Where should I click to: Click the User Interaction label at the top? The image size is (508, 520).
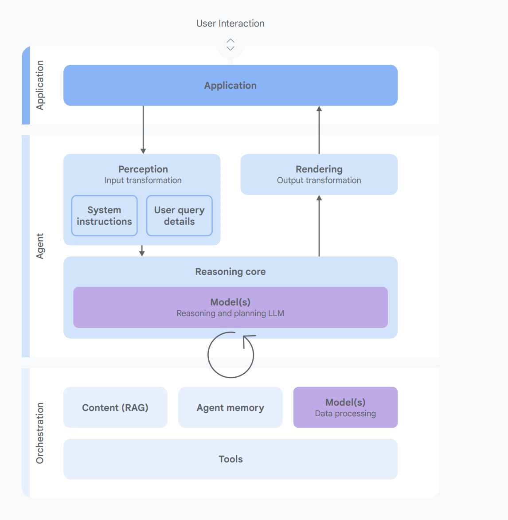click(230, 23)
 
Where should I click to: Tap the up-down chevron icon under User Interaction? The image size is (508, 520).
click(230, 45)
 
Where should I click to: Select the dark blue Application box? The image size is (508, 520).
click(230, 86)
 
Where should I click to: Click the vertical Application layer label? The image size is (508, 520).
click(40, 85)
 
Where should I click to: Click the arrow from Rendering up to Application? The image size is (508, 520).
click(319, 129)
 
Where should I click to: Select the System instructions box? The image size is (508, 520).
click(104, 216)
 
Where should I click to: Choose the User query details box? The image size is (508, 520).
click(179, 216)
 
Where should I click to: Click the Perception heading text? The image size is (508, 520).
click(143, 169)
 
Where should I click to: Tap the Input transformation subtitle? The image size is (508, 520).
click(143, 180)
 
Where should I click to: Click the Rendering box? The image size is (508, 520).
click(319, 174)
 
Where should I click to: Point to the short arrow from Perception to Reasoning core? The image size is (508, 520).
click(142, 251)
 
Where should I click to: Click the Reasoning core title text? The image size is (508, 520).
click(230, 272)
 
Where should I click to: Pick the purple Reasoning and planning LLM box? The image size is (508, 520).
click(230, 307)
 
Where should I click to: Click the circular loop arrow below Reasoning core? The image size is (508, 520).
click(231, 355)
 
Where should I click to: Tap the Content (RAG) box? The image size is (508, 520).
click(115, 407)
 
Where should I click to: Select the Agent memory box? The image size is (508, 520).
click(230, 407)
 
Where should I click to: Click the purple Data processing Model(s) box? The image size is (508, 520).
click(345, 407)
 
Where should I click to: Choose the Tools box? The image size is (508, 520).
click(230, 459)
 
